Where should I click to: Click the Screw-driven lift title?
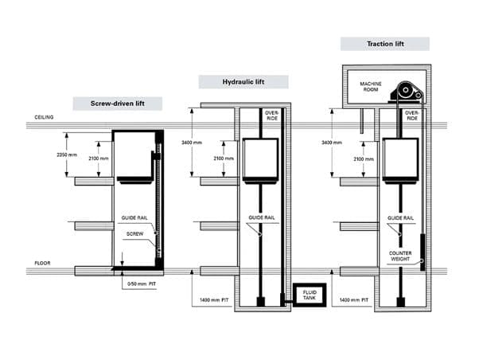click(117, 104)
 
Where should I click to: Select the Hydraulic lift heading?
click(243, 82)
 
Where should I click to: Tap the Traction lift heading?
click(385, 44)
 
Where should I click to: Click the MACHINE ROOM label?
click(371, 87)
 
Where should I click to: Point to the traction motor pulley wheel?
click(405, 90)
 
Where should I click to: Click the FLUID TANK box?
click(310, 295)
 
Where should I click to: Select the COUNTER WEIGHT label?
click(400, 256)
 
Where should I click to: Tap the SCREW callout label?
click(134, 233)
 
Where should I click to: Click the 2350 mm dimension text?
click(67, 155)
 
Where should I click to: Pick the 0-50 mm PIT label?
click(142, 284)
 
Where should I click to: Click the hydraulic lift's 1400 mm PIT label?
click(214, 299)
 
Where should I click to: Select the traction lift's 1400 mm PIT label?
click(354, 299)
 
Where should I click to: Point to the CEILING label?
click(44, 117)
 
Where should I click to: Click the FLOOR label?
click(42, 263)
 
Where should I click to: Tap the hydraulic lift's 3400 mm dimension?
click(192, 143)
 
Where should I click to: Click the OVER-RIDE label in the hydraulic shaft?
click(272, 115)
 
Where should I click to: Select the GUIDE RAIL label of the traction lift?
click(400, 217)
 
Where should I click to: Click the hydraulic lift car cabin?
click(260, 159)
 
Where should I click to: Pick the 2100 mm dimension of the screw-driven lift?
click(99, 158)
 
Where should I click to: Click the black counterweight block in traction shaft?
click(423, 252)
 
